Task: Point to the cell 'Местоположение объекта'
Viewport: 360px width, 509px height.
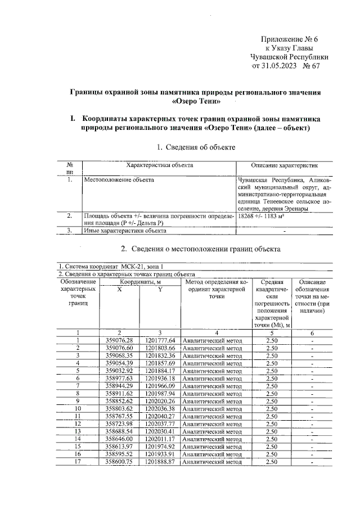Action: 119,180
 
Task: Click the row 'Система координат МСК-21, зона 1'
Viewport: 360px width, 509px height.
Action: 112,267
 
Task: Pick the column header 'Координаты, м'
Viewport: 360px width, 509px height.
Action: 139,281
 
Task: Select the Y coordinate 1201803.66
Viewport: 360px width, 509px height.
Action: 160,348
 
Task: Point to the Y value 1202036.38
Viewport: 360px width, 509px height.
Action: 160,408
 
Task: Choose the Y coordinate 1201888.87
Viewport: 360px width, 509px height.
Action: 160,461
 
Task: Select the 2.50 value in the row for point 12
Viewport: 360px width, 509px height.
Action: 272,424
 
